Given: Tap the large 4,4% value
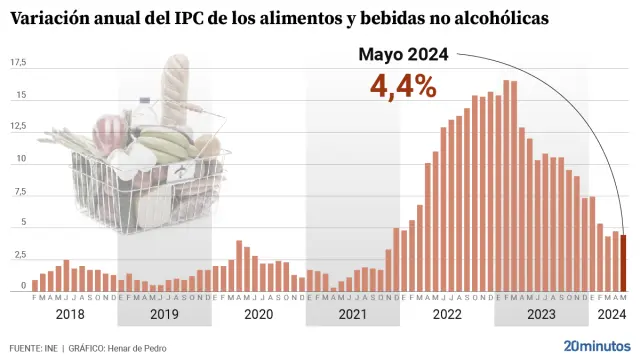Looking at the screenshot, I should click(x=403, y=86).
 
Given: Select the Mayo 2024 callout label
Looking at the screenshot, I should click(x=404, y=55).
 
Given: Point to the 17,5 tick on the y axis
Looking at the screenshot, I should click(x=18, y=63).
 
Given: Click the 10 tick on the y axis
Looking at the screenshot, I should click(x=20, y=159).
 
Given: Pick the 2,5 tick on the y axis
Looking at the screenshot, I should click(x=19, y=255).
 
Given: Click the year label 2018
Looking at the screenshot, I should click(x=70, y=314).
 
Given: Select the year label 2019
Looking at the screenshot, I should click(x=164, y=314).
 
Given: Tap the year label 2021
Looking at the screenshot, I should click(x=352, y=314).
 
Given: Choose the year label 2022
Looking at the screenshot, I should click(x=446, y=314).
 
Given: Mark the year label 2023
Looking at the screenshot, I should click(x=540, y=314).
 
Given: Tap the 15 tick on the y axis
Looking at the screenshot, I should click(x=20, y=96).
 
